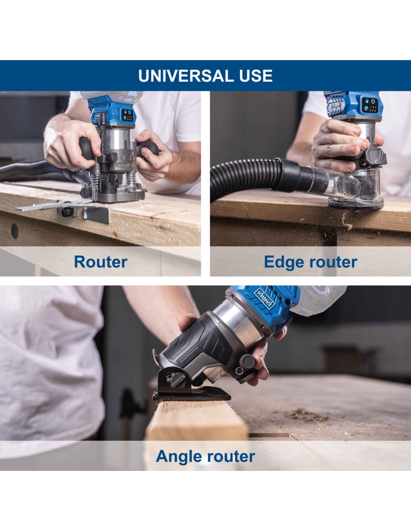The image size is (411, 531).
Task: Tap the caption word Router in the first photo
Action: (x=101, y=262)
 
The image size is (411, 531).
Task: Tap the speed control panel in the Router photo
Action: (x=128, y=115)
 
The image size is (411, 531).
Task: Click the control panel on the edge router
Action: (x=370, y=105)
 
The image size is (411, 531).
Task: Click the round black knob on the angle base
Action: (x=248, y=361)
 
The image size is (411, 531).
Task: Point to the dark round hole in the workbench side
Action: (x=15, y=231)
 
